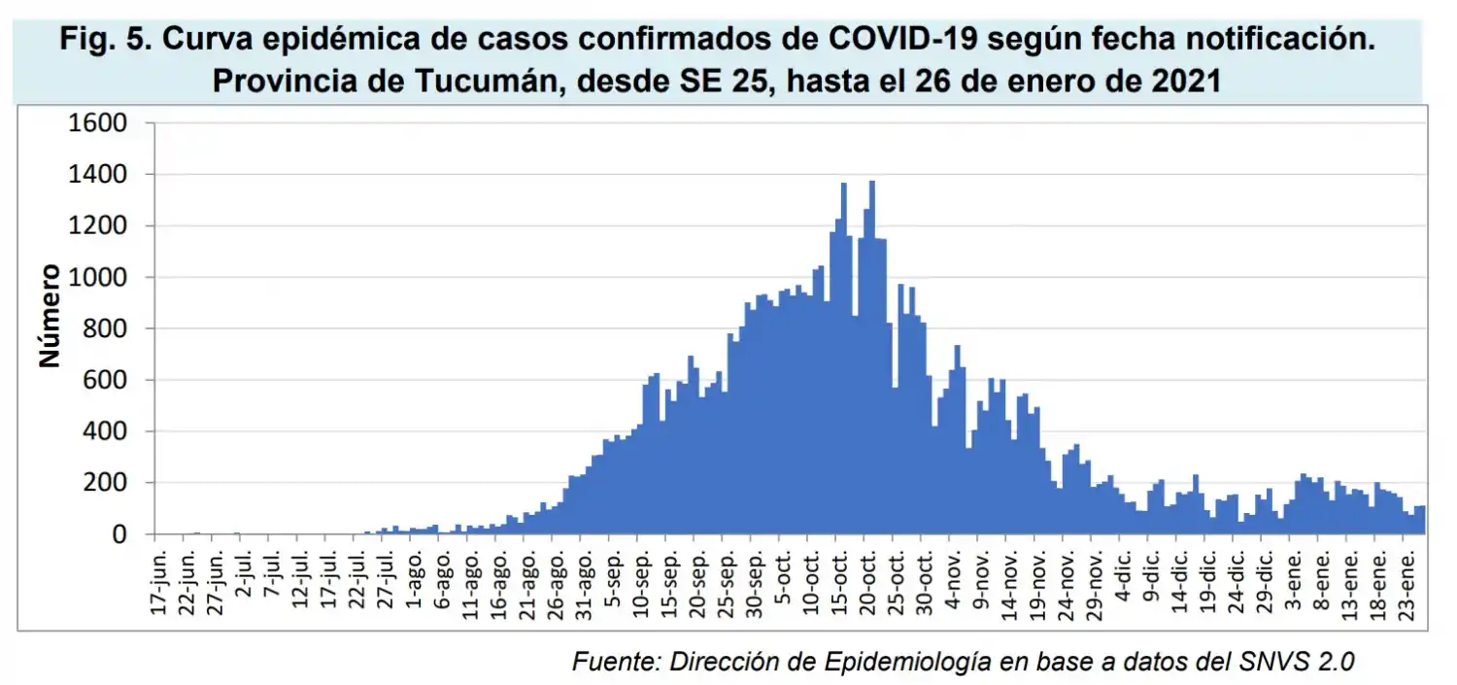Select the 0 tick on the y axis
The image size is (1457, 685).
click(x=120, y=534)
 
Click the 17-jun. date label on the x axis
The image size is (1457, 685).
click(x=161, y=580)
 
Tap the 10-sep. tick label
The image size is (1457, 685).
click(x=643, y=580)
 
